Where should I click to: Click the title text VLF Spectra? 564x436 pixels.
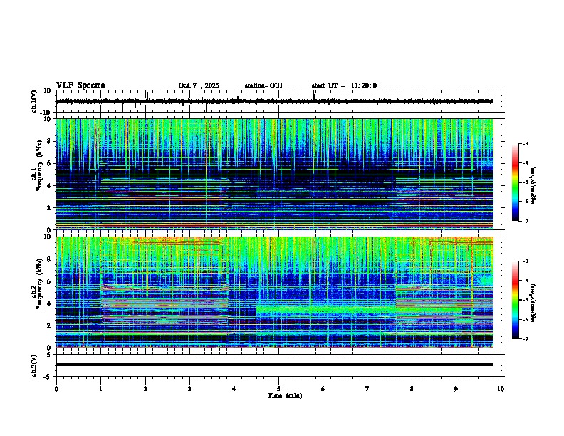click(80, 85)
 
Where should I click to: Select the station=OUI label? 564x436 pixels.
click(263, 85)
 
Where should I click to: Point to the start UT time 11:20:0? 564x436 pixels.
click(344, 85)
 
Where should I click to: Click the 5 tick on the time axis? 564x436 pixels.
click(278, 388)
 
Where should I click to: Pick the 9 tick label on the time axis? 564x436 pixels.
click(456, 388)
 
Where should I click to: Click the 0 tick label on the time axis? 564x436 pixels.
click(56, 388)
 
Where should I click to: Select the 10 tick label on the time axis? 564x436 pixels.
click(501, 388)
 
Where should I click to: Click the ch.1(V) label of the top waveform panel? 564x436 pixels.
click(34, 101)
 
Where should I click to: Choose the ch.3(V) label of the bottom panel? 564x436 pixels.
click(34, 365)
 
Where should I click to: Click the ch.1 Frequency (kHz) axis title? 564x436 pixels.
click(37, 174)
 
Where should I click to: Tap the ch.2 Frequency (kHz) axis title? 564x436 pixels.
click(37, 291)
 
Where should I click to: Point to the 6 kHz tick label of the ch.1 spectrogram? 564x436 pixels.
click(50, 163)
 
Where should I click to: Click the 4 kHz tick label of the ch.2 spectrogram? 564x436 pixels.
click(50, 303)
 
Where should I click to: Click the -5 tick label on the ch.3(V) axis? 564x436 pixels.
click(48, 376)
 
